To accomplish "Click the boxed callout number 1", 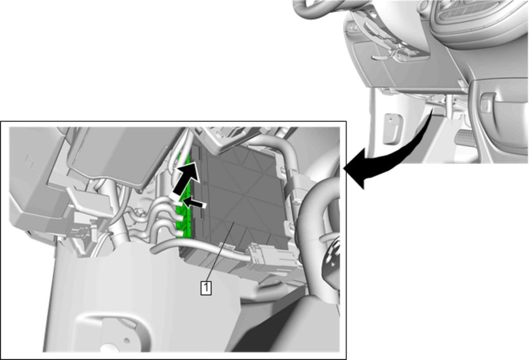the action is (x=206, y=288).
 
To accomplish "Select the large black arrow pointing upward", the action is (x=186, y=180).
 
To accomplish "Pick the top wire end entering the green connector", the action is (x=179, y=203).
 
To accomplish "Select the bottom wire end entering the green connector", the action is (x=179, y=234).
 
